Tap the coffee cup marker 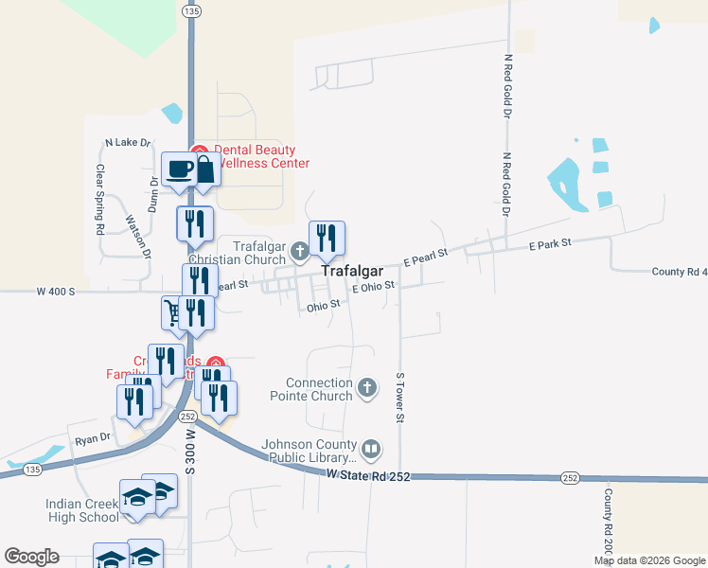pyautogui.click(x=179, y=170)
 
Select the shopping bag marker pyautogui.click(x=204, y=170)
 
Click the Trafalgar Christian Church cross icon pyautogui.click(x=299, y=251)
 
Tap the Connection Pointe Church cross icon pyautogui.click(x=368, y=388)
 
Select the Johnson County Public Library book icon pyautogui.click(x=372, y=448)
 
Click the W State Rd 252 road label pyautogui.click(x=368, y=475)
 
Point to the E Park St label pyautogui.click(x=550, y=244)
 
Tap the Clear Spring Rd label pyautogui.click(x=99, y=200)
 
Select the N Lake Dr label pyautogui.click(x=128, y=143)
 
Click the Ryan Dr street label pyautogui.click(x=93, y=438)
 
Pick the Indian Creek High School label pyautogui.click(x=82, y=510)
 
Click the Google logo pyautogui.click(x=31, y=557)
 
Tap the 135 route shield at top pyautogui.click(x=192, y=11)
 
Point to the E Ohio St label pyautogui.click(x=371, y=287)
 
